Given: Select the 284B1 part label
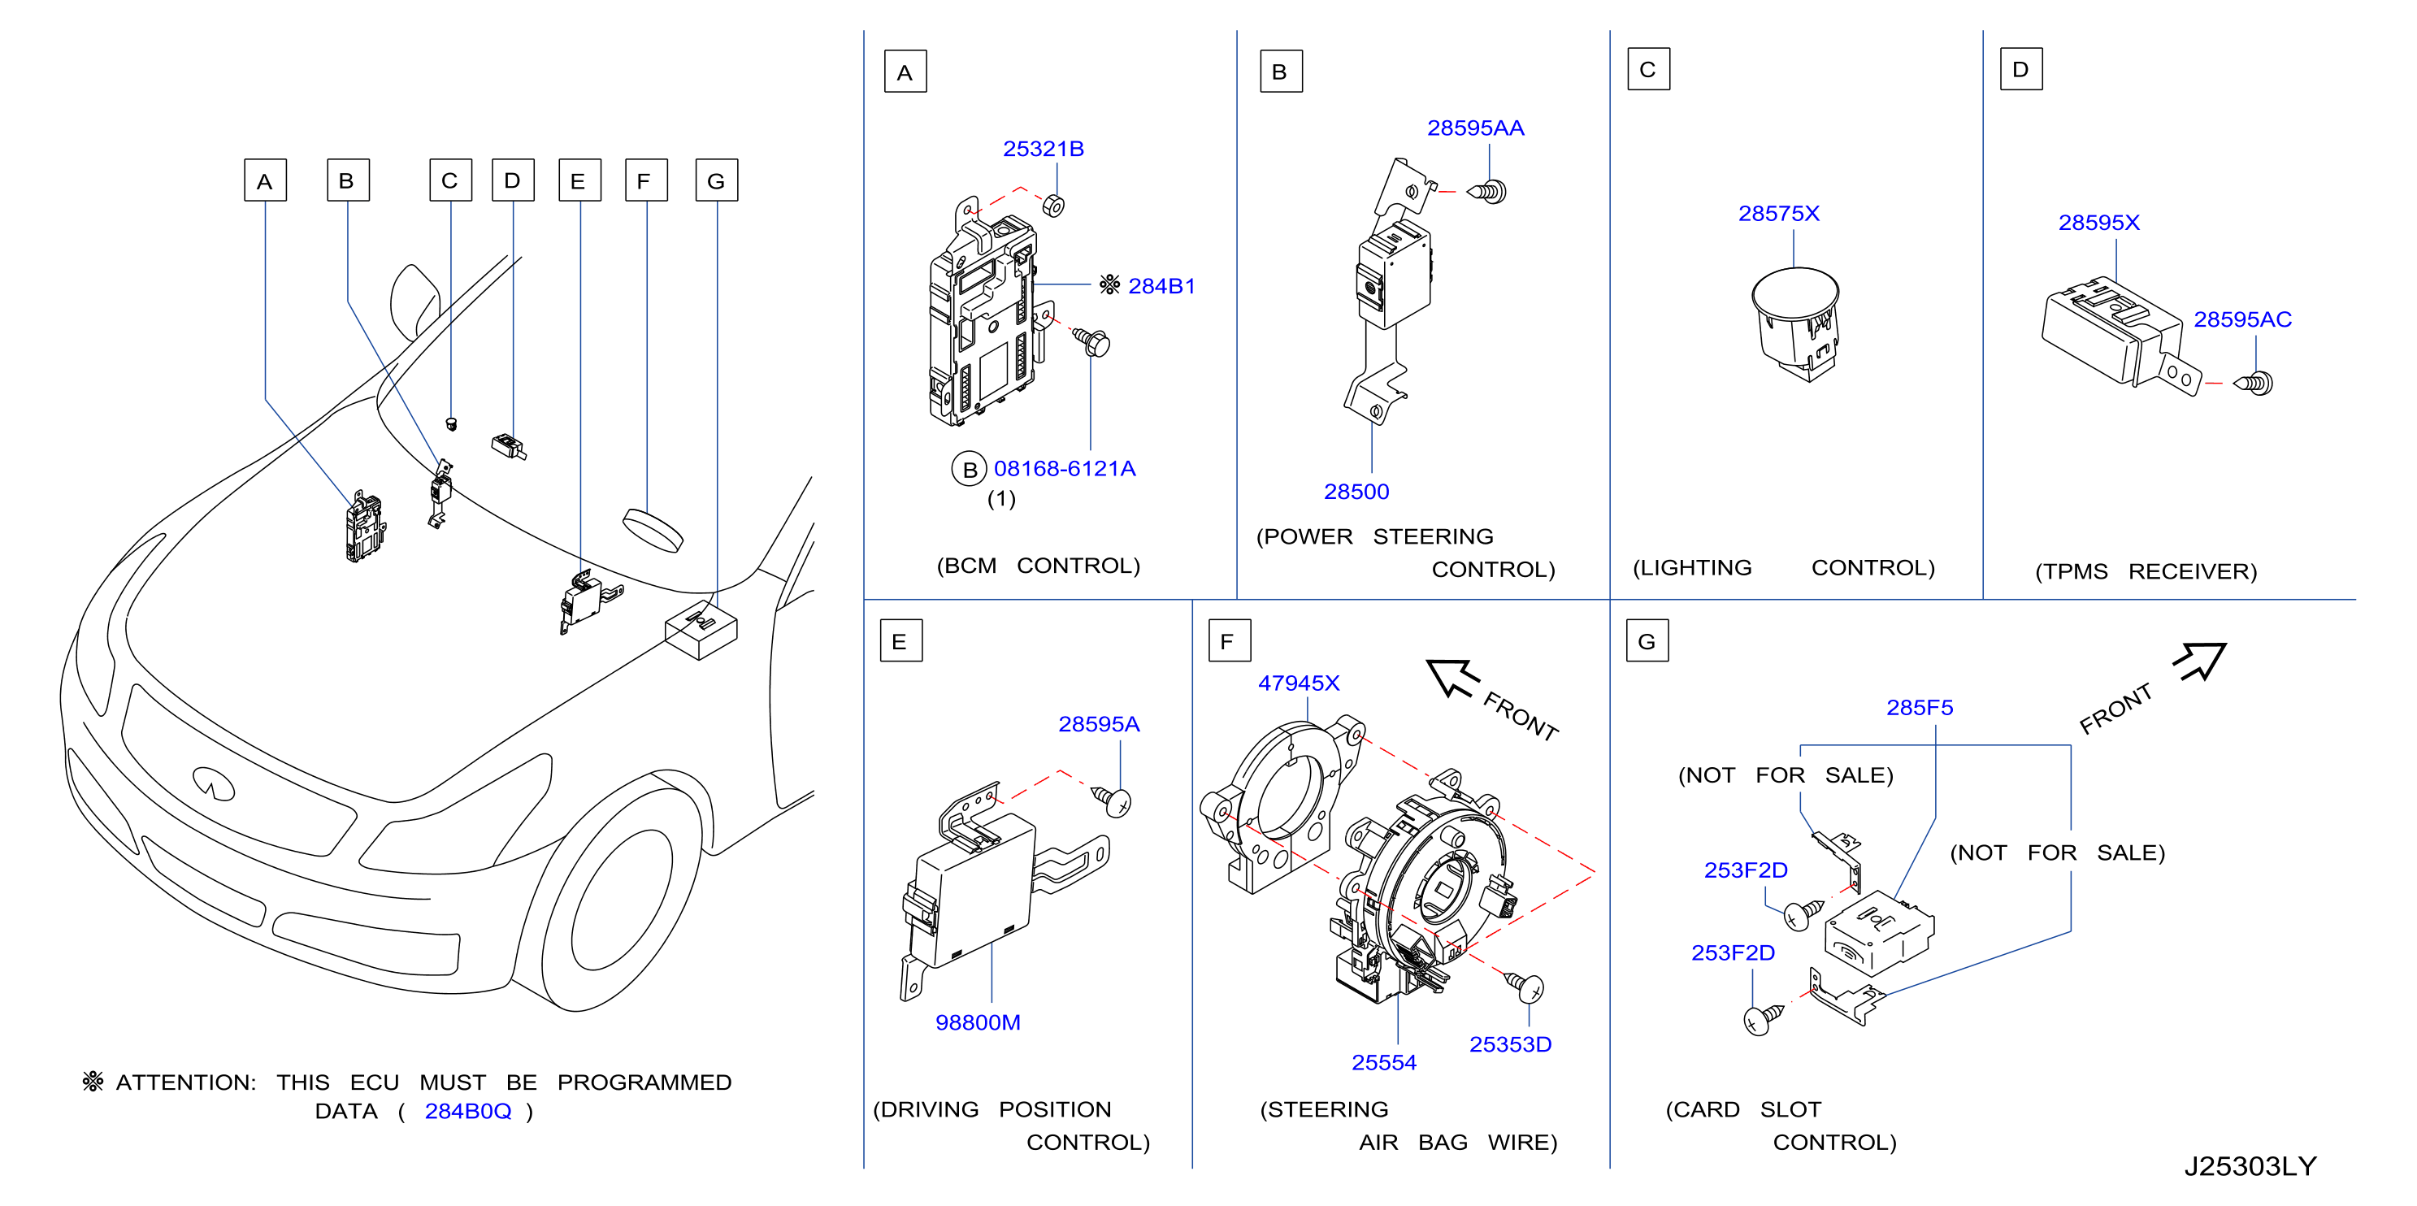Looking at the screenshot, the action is [1161, 286].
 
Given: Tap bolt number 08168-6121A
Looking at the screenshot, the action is [1064, 468].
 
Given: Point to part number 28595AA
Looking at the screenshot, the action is [1475, 128].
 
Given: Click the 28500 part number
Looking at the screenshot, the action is [1356, 492].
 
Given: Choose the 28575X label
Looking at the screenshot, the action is [1778, 214].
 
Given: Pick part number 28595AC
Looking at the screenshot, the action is [2241, 320].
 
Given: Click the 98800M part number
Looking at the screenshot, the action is [978, 1023].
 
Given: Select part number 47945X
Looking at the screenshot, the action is [1299, 683].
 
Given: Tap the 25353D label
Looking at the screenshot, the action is [1510, 1044].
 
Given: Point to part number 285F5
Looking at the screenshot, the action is [1919, 708].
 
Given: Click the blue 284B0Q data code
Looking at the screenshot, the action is [467, 1111].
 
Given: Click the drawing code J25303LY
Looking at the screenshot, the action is [2249, 1166].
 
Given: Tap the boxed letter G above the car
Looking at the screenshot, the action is [716, 180].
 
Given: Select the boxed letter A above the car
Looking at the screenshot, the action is [265, 180].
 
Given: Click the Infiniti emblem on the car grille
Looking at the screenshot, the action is [213, 782].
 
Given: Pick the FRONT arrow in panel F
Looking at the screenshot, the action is [1452, 677].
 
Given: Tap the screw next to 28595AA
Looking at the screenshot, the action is [1487, 192].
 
